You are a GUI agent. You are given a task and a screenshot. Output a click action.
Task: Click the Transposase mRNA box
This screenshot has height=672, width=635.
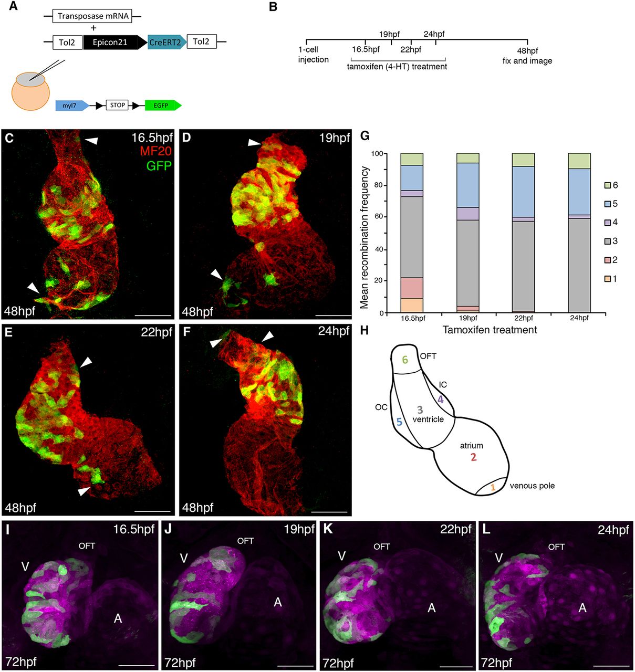[x=93, y=16]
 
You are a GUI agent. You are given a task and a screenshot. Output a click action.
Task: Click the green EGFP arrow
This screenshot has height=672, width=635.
[x=163, y=106]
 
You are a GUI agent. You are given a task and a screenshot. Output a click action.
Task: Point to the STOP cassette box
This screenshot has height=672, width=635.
[x=117, y=105]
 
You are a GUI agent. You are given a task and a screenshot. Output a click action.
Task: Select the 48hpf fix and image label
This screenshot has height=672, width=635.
[x=527, y=56]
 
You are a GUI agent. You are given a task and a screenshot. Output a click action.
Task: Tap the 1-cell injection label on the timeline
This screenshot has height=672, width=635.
[x=313, y=55]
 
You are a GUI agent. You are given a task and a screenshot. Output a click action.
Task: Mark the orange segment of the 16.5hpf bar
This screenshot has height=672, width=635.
[x=412, y=305]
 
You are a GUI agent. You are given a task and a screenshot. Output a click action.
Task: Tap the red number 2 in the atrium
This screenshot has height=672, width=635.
[x=473, y=457]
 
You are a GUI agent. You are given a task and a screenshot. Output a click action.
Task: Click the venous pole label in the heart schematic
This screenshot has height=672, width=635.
[x=532, y=486]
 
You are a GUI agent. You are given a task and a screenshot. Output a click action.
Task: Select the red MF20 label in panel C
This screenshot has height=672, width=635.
[x=156, y=152]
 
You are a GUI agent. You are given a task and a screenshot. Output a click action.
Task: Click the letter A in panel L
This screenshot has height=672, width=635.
[x=582, y=608]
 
